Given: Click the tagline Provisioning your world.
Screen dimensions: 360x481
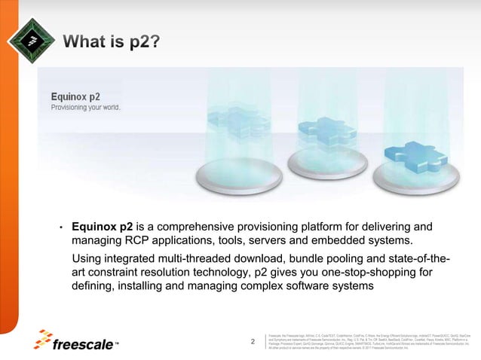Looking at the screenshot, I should pos(85,107).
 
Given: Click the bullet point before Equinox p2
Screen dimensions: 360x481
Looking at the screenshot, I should pos(61,227).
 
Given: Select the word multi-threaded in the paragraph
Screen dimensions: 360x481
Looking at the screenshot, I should pos(228,260).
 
